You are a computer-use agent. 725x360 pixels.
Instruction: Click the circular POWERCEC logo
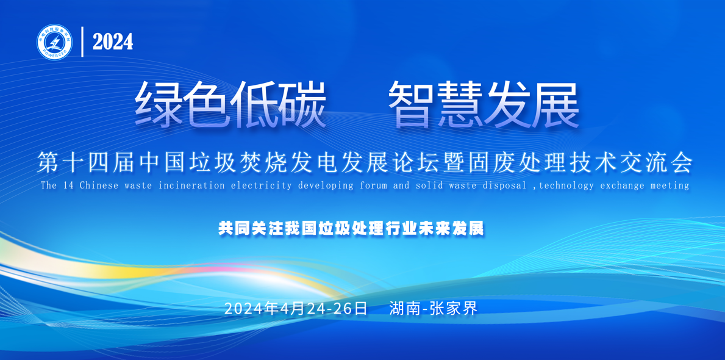pos(54,42)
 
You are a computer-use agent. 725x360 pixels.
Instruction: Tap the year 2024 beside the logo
pos(113,42)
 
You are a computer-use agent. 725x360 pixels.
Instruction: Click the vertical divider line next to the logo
pos(82,42)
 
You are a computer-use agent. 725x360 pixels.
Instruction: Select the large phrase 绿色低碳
pos(230,105)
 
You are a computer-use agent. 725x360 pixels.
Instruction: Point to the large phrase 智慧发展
pos(484,105)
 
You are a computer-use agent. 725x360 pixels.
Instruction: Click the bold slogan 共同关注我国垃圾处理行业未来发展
pos(351,228)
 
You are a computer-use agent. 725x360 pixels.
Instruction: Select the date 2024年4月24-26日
pos(296,308)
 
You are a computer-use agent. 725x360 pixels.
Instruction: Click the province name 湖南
pos(405,308)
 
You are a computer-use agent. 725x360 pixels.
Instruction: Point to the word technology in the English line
pos(566,186)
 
